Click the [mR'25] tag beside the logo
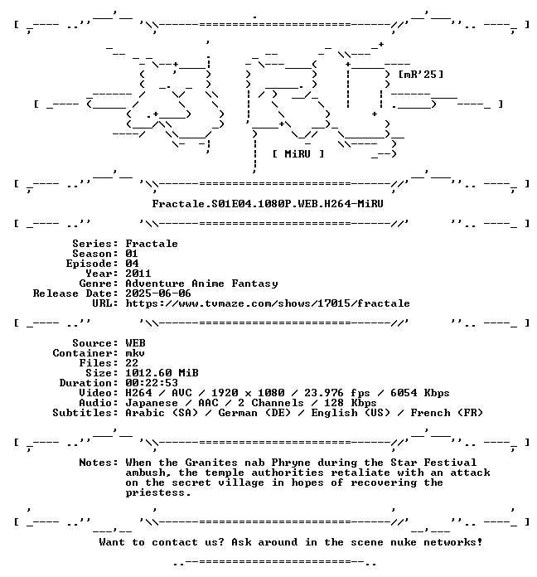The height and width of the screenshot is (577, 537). click(421, 75)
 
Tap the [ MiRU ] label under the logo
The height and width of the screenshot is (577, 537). click(298, 154)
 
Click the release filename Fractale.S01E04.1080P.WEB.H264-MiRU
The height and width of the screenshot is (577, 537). click(268, 204)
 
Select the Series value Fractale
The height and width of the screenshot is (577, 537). click(152, 244)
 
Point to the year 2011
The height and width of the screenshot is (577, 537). click(138, 274)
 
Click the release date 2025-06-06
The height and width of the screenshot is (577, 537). click(158, 293)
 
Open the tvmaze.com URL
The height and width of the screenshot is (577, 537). click(268, 303)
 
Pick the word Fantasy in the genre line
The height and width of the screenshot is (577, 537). click(254, 284)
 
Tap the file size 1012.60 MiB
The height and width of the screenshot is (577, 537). click(162, 373)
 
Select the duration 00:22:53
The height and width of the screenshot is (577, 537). click(152, 383)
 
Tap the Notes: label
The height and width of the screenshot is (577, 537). click(99, 463)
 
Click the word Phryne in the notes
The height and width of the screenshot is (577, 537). click(291, 463)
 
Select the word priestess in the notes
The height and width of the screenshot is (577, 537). click(158, 492)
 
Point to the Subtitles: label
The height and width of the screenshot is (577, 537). click(85, 413)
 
